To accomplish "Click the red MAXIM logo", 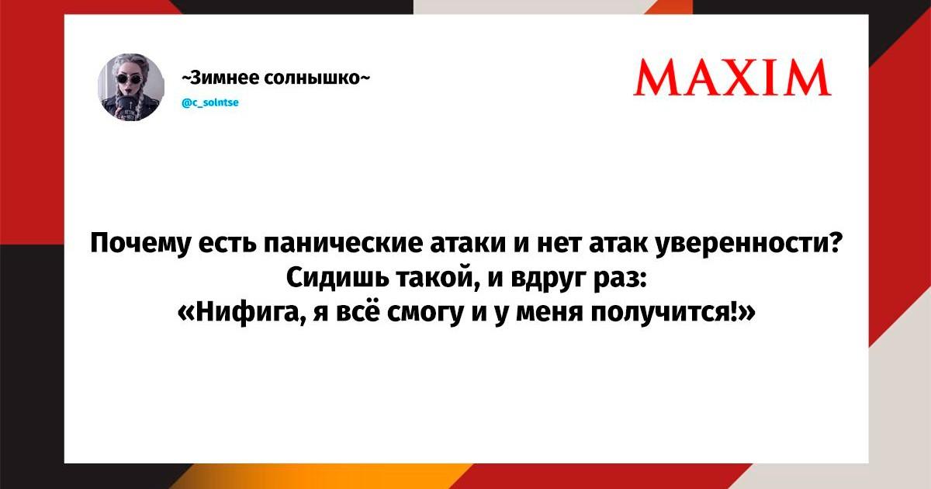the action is (x=732, y=78).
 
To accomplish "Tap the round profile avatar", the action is (x=131, y=87).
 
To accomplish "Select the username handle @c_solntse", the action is (x=210, y=102).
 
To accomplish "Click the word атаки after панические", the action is (x=469, y=244).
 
